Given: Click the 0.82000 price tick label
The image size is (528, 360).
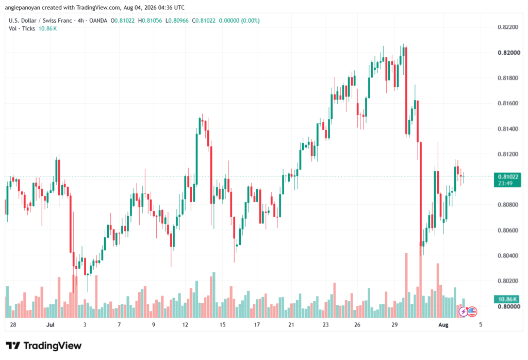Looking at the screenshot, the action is click(x=508, y=53).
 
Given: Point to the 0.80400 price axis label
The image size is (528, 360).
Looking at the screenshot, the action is click(x=508, y=256).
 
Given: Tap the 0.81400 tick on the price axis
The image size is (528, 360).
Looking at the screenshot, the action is click(x=508, y=128).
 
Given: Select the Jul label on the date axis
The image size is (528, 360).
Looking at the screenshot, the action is click(x=50, y=325).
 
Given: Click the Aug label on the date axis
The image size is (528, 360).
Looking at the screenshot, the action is click(x=443, y=325).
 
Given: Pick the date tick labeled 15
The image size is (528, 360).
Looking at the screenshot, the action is click(x=222, y=325).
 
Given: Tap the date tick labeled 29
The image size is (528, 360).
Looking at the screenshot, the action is click(x=394, y=325).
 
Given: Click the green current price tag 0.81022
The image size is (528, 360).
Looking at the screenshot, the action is click(x=507, y=176).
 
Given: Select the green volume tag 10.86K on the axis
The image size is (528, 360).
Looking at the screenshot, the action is click(x=507, y=299).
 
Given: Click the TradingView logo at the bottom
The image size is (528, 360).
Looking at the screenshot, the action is click(x=44, y=346).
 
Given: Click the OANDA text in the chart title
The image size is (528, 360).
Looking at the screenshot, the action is click(x=98, y=21).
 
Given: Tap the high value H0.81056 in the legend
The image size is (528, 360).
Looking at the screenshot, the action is click(x=150, y=21).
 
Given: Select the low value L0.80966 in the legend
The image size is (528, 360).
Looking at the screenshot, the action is click(x=177, y=21).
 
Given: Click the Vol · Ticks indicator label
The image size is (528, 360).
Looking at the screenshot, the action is click(x=22, y=29).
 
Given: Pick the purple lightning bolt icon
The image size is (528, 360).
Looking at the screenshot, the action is click(x=464, y=312).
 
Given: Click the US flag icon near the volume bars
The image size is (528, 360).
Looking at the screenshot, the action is click(x=472, y=312).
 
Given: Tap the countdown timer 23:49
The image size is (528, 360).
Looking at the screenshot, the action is click(x=505, y=183).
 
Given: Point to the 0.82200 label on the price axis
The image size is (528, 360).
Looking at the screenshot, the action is click(x=508, y=27).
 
